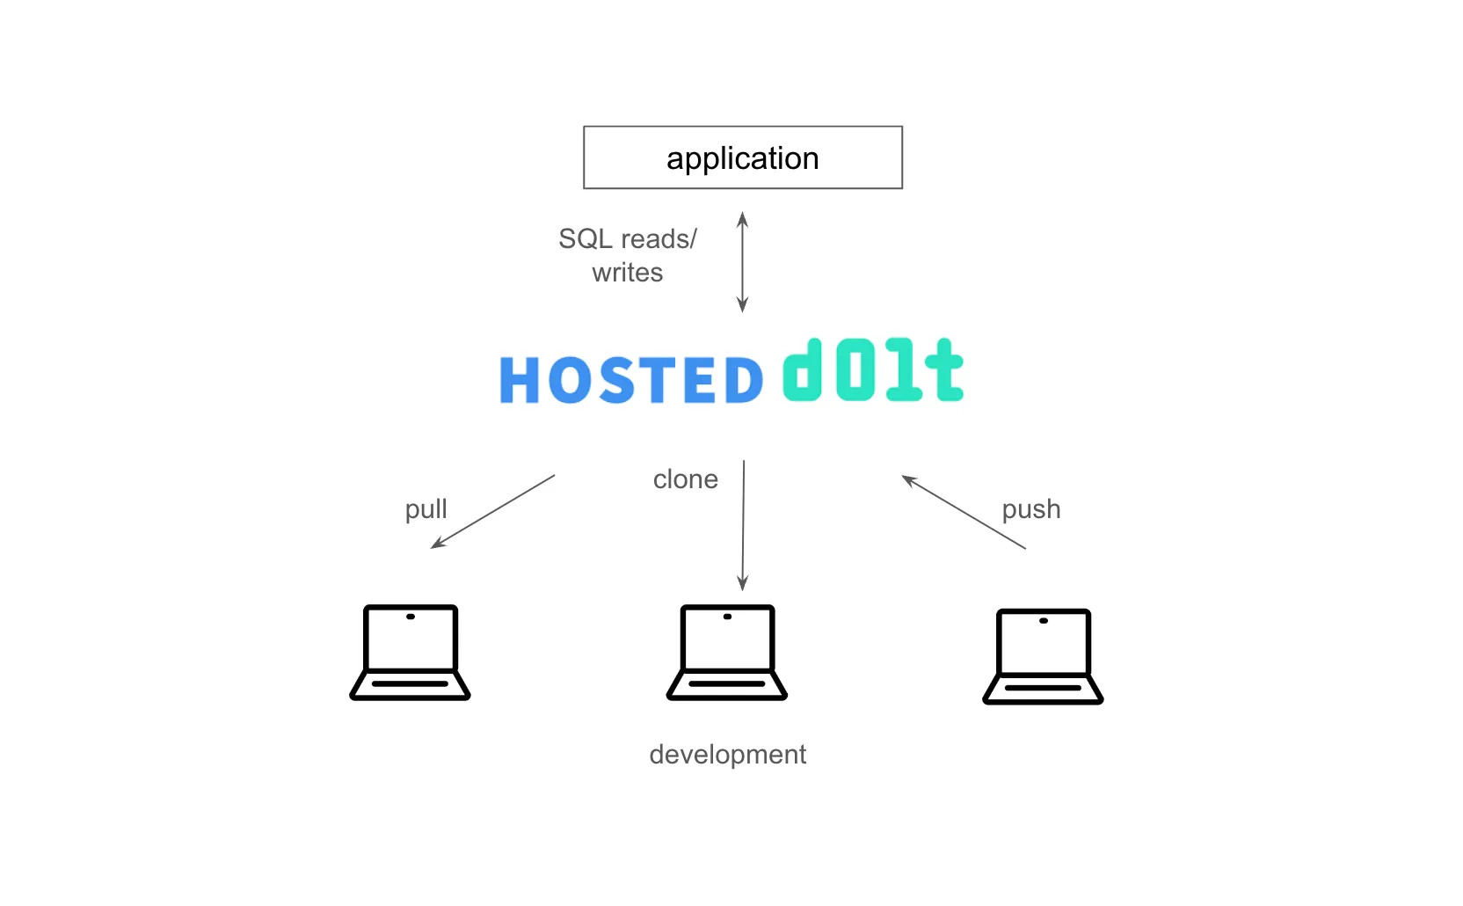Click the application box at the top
click(x=742, y=157)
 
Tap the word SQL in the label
click(x=586, y=239)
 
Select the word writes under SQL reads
click(x=627, y=273)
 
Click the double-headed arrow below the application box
click(x=742, y=262)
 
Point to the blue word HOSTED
click(x=631, y=380)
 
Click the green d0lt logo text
click(x=872, y=371)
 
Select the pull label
click(x=426, y=509)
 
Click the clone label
click(x=685, y=479)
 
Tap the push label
click(x=1030, y=509)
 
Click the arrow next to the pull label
click(x=492, y=512)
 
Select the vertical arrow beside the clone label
click(x=743, y=524)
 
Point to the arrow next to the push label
click(x=964, y=512)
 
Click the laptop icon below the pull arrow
click(x=410, y=652)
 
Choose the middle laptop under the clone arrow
click(x=727, y=652)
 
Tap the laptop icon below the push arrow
click(x=1043, y=656)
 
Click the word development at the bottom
click(x=727, y=755)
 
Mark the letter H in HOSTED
click(x=519, y=380)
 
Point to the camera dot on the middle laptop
click(x=727, y=617)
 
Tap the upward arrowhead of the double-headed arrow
click(x=742, y=217)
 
